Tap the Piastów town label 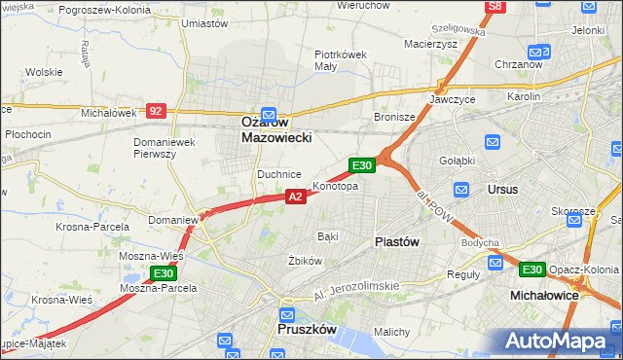396,242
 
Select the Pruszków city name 306,330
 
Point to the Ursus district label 502,189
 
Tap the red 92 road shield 156,111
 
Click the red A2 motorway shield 297,197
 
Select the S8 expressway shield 495,7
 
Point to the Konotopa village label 335,186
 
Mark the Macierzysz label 430,44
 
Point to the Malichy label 390,333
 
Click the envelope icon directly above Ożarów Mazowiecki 270,113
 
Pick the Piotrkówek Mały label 340,60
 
